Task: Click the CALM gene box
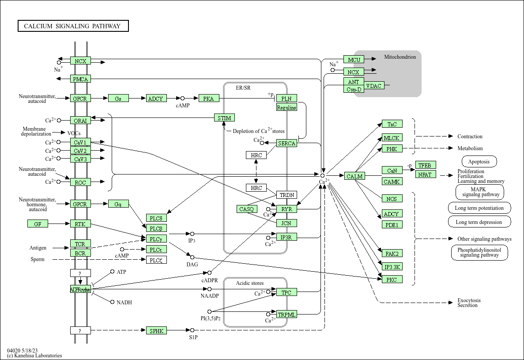[354, 176]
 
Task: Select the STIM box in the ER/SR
[224, 118]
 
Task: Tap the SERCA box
[287, 143]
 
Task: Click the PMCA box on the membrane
[80, 79]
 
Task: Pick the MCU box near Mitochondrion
[354, 60]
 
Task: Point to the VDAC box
[374, 86]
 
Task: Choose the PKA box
[209, 99]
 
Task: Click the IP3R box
[287, 238]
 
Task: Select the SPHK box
[157, 330]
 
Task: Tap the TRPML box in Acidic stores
[287, 315]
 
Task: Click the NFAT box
[426, 174]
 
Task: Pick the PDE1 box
[392, 225]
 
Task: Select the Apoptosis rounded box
[479, 162]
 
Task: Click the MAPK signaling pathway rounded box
[480, 192]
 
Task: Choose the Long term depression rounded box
[479, 222]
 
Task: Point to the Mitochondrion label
[400, 57]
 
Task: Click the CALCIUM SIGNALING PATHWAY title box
[73, 26]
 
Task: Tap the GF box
[38, 224]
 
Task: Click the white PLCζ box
[157, 260]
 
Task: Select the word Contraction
[470, 136]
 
